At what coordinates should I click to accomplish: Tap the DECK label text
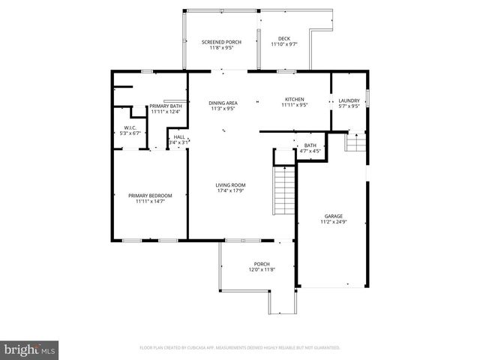point(284,39)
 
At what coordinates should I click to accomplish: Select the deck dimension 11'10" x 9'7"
point(284,45)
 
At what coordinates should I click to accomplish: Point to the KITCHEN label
point(293,100)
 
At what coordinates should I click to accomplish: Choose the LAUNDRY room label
point(349,100)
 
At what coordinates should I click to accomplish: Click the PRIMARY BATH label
point(165,106)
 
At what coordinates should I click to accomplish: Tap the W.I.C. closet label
point(132,128)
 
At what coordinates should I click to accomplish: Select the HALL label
point(179,136)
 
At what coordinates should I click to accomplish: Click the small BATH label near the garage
point(310,145)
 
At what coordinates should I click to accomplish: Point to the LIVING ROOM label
point(231,184)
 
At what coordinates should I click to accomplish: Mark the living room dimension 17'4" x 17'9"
point(231,190)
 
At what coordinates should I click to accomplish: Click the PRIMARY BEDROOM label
point(150,196)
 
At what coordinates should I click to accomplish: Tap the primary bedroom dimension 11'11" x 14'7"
point(150,202)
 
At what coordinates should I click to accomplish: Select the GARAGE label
point(334,216)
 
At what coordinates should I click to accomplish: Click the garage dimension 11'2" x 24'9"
point(334,222)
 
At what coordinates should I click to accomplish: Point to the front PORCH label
point(262,264)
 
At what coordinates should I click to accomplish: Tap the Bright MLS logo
point(30,349)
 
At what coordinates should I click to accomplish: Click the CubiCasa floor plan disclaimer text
point(240,348)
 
